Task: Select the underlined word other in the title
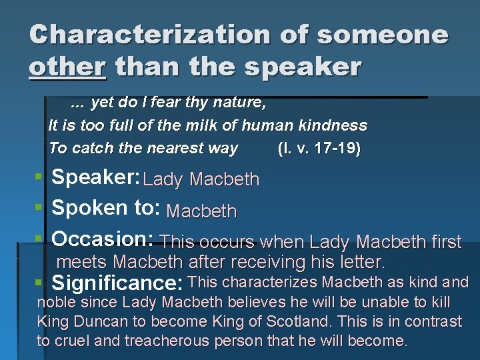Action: point(67,67)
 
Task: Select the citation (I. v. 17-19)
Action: point(319,148)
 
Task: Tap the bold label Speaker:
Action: point(95,177)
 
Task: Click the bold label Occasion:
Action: point(103,239)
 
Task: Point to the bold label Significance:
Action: point(117,283)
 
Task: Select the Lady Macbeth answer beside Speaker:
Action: point(201,179)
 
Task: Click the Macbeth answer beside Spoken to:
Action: point(201,212)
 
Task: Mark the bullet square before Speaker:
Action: point(39,177)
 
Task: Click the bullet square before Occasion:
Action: point(39,239)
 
